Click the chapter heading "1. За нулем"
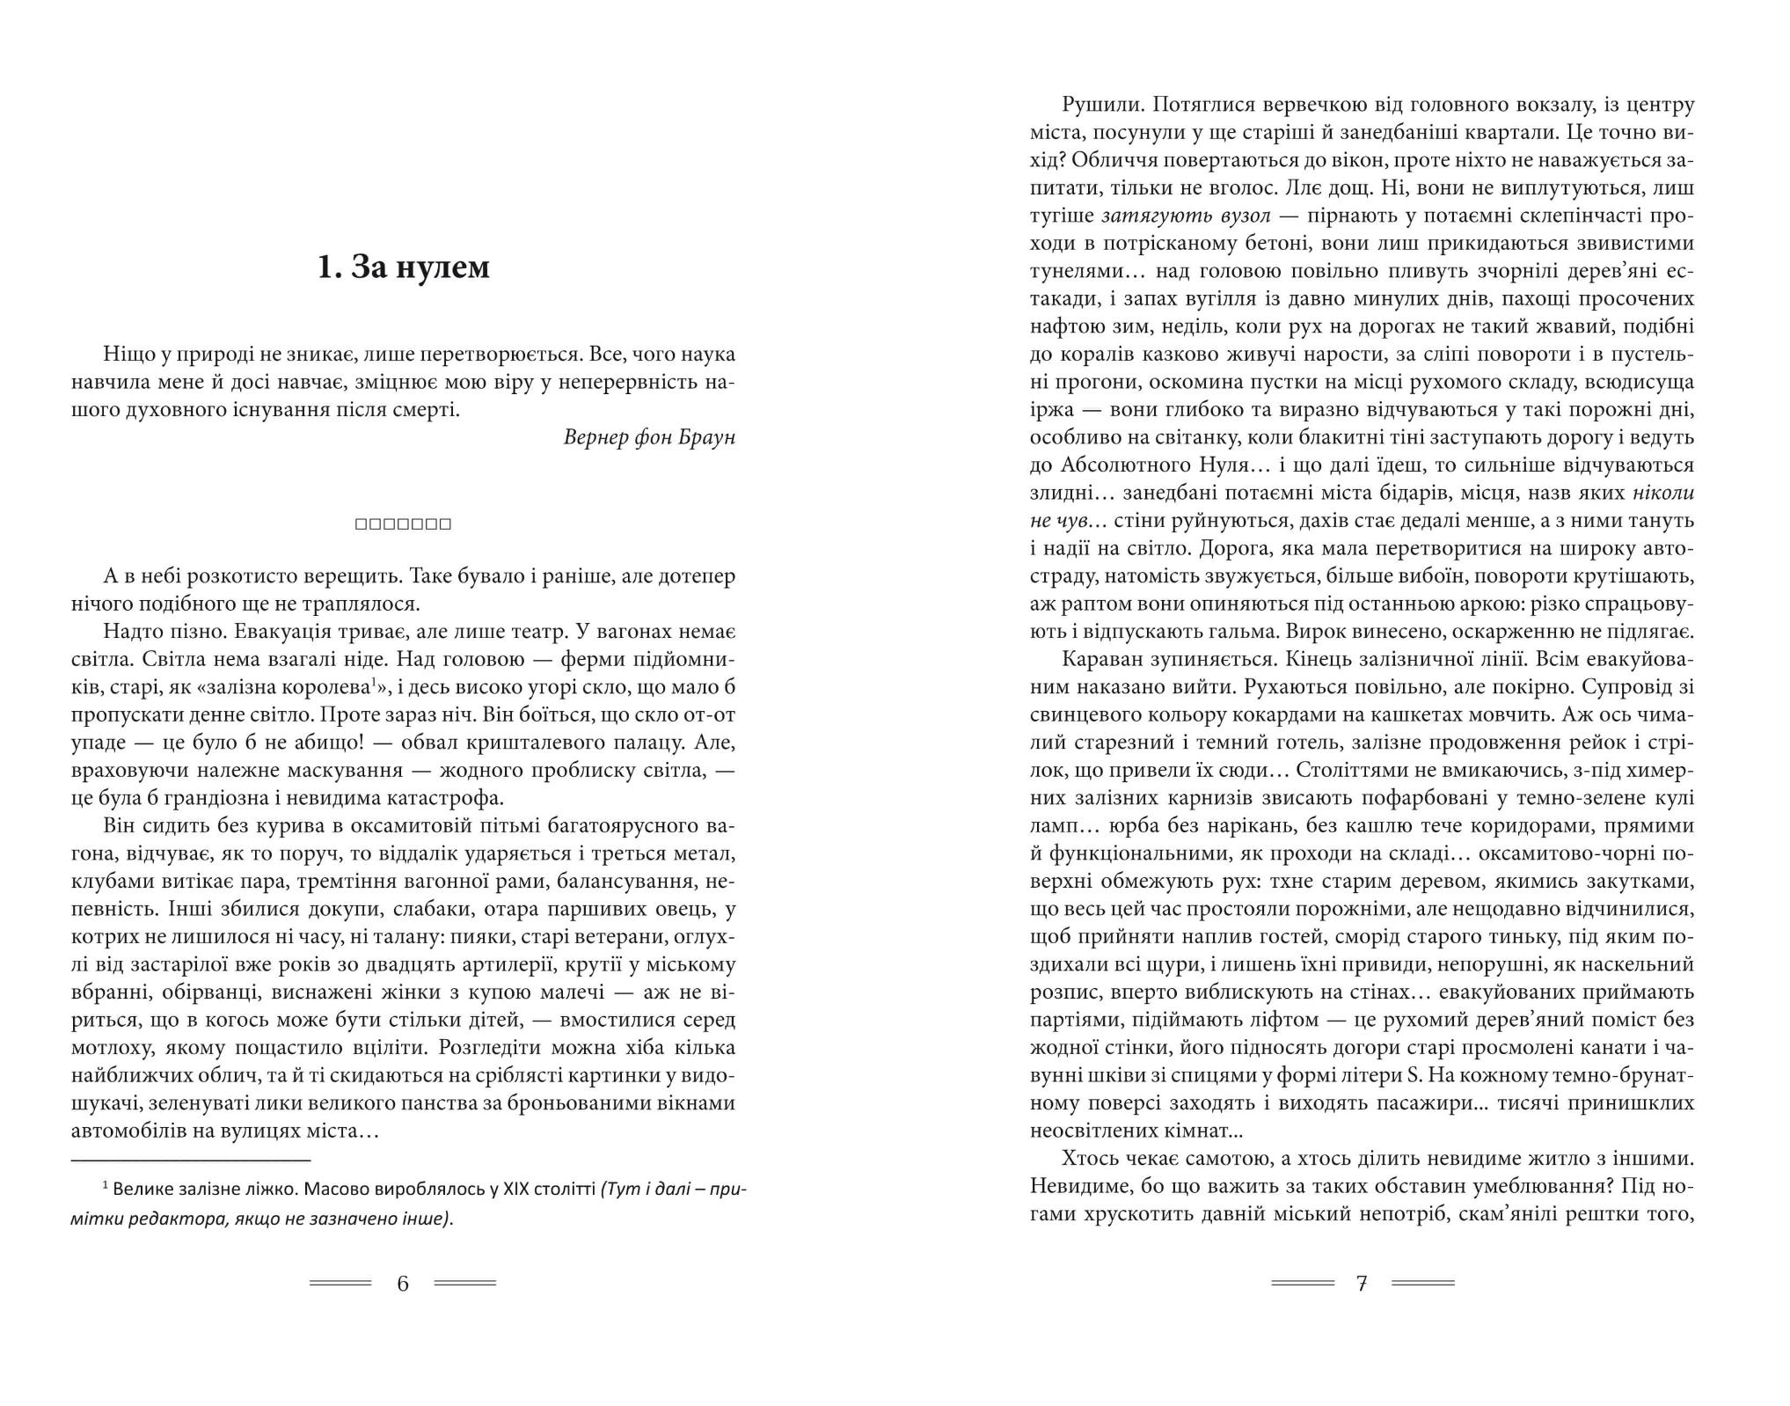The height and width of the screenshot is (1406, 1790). coord(403,267)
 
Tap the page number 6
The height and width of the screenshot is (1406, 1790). coord(403,1284)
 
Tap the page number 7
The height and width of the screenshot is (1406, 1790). coord(1362,1284)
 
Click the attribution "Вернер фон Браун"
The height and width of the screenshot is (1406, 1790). coord(648,437)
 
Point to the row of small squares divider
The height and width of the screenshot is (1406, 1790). coord(403,524)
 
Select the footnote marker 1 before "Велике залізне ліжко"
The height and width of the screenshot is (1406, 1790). coord(106,1186)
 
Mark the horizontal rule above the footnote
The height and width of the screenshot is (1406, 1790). coord(191,1161)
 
